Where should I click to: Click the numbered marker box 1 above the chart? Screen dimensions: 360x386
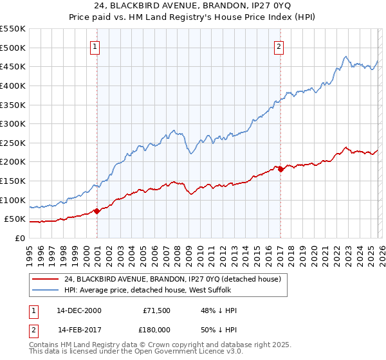(95, 46)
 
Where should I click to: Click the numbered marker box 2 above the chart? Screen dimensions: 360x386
(279, 46)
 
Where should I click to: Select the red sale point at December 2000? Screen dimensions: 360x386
(96, 210)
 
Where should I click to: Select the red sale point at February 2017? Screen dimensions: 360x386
(280, 169)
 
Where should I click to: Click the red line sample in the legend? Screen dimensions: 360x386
(46, 280)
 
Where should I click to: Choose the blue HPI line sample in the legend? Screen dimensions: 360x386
(46, 291)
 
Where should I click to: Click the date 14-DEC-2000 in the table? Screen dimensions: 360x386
(79, 310)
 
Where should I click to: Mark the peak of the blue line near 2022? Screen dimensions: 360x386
(346, 57)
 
